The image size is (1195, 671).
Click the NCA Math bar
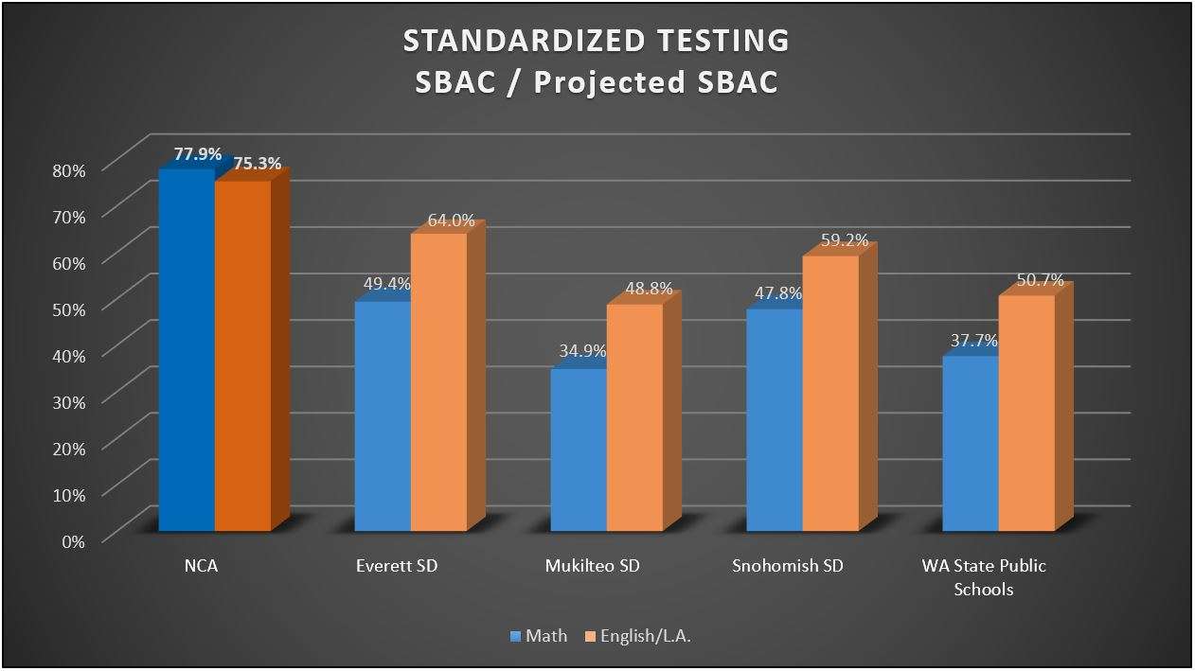click(x=187, y=350)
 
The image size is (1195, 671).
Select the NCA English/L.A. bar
click(x=242, y=356)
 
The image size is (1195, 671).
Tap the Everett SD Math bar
click(x=383, y=416)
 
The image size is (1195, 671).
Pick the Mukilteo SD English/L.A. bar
click(x=634, y=417)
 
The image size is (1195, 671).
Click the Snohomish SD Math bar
click(x=775, y=420)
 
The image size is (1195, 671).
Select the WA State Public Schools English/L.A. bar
click(x=1026, y=413)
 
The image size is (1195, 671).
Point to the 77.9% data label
click(x=198, y=153)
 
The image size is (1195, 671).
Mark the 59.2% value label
click(x=845, y=240)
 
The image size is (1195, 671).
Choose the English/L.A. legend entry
click(x=638, y=636)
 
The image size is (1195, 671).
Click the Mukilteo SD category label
click(x=593, y=567)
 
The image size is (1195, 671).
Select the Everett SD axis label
click(x=397, y=567)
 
